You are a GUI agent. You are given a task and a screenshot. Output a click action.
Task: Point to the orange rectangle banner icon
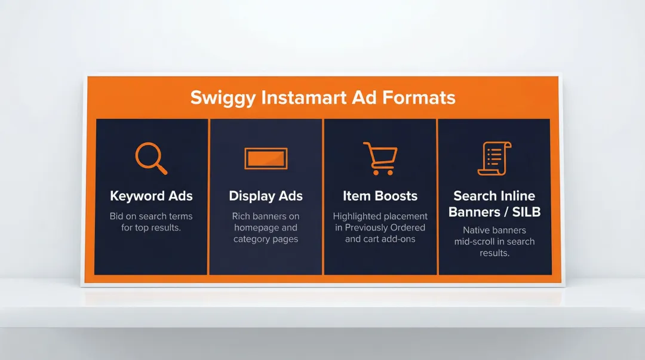(x=266, y=159)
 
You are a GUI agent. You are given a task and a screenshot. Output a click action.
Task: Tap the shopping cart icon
(x=380, y=158)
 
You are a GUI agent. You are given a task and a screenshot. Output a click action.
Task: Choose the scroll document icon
(x=494, y=158)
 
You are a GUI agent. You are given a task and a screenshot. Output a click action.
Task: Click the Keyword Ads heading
(x=151, y=196)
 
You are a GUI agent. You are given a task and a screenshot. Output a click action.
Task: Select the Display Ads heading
(x=266, y=196)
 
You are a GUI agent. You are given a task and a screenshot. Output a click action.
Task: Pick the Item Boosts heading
(x=380, y=196)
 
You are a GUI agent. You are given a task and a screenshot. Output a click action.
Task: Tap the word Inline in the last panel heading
(x=517, y=196)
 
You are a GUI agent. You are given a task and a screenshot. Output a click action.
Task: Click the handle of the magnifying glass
(x=162, y=169)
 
